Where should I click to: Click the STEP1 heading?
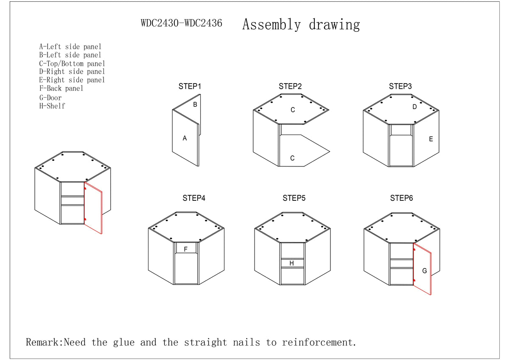click(x=190, y=87)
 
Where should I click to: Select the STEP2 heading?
click(x=290, y=87)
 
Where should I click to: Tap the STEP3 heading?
click(x=400, y=87)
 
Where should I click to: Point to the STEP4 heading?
click(x=194, y=198)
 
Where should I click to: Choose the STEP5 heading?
click(x=294, y=198)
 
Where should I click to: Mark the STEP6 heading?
click(x=401, y=198)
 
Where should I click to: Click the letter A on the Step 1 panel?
click(x=185, y=138)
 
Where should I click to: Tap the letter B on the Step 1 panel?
click(x=195, y=104)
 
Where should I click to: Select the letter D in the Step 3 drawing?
click(x=414, y=107)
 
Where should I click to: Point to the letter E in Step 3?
click(x=431, y=139)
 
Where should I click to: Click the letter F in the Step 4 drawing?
click(x=185, y=249)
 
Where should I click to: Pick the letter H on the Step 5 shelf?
click(x=291, y=264)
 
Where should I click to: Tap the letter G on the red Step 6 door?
click(x=425, y=271)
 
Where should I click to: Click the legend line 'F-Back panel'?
click(x=61, y=88)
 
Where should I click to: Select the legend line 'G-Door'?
click(x=50, y=98)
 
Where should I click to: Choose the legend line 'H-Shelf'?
click(x=52, y=106)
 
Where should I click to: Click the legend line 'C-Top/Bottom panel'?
click(x=72, y=64)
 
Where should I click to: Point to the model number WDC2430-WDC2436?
click(x=182, y=23)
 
